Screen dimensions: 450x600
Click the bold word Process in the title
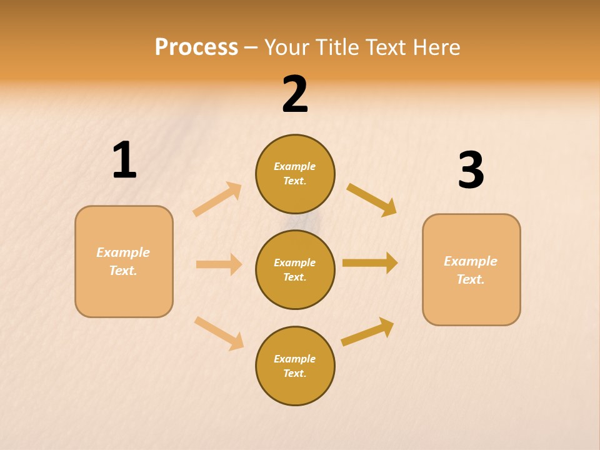196,47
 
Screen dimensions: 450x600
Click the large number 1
124,161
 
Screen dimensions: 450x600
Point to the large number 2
295,94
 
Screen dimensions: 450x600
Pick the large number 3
471,171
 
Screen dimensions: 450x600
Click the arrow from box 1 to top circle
217,199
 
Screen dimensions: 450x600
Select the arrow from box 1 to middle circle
219,264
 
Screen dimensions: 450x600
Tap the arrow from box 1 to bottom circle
219,333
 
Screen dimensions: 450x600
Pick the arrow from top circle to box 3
371,199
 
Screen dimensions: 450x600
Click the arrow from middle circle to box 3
370,262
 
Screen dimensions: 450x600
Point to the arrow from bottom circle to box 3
367,332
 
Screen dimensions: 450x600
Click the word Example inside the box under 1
123,252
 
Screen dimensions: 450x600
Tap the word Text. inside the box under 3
471,279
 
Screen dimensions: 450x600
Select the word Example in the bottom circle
294,359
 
